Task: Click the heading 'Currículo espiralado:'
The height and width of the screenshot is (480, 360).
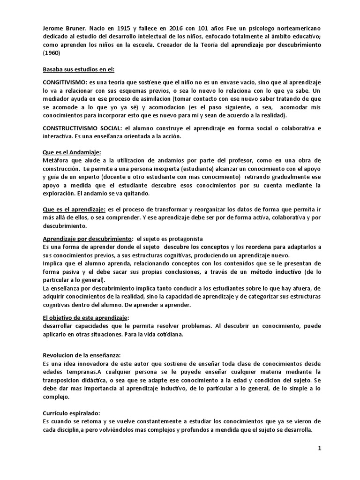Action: [x=71, y=413]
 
